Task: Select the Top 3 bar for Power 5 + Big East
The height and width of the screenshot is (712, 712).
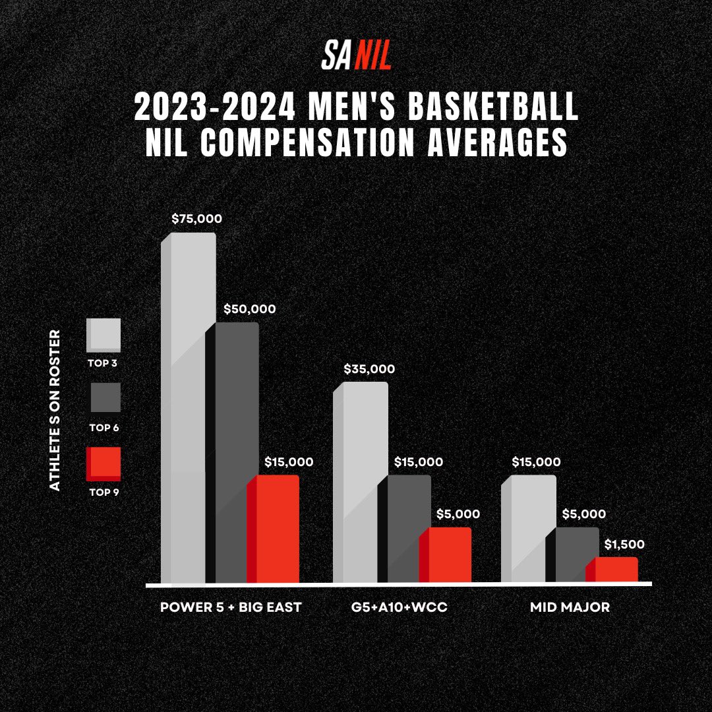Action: point(189,409)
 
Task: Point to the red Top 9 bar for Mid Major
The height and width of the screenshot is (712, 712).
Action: point(612,570)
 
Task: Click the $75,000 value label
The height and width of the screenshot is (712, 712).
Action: point(196,219)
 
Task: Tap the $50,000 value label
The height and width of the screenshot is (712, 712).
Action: point(250,309)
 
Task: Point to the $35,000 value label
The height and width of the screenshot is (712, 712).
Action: point(369,369)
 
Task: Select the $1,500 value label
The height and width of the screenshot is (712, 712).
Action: point(624,545)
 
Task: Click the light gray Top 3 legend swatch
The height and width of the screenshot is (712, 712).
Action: point(104,335)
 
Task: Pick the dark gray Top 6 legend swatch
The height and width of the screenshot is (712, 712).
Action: point(104,398)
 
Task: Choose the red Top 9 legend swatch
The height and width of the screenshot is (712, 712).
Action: point(104,463)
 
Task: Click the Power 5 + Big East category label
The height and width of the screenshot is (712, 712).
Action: point(231,607)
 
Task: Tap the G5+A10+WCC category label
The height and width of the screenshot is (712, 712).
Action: point(400,607)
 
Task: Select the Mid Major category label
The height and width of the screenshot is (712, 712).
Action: point(570,607)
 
